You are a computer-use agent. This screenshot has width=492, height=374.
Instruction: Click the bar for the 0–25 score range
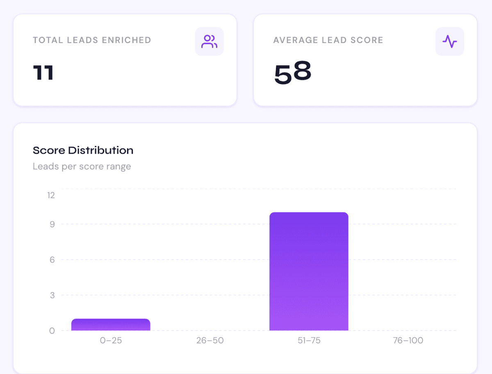click(111, 325)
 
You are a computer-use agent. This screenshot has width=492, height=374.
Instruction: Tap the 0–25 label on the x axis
click(111, 340)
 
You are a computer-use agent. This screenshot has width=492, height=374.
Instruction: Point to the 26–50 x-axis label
click(210, 340)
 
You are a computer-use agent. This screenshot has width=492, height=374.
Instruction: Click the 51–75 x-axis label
click(309, 340)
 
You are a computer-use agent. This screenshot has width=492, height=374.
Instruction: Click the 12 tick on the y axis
click(51, 195)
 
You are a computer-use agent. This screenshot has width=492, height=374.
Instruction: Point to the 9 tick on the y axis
click(52, 224)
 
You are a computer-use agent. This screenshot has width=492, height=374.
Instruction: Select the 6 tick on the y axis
click(52, 260)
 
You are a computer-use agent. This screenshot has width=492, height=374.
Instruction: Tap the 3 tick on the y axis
click(52, 295)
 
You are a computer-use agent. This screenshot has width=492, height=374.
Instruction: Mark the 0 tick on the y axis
click(52, 331)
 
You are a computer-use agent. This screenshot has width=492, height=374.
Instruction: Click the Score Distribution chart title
click(83, 151)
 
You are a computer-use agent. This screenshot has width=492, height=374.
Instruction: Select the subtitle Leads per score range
click(82, 166)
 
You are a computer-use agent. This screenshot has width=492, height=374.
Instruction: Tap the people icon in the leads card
click(209, 41)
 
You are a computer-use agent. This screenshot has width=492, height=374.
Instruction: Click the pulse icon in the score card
click(449, 41)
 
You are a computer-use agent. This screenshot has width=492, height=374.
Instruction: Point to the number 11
click(43, 73)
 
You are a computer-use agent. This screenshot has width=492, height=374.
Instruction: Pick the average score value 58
click(292, 73)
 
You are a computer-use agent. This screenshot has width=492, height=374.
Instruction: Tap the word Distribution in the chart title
click(100, 151)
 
